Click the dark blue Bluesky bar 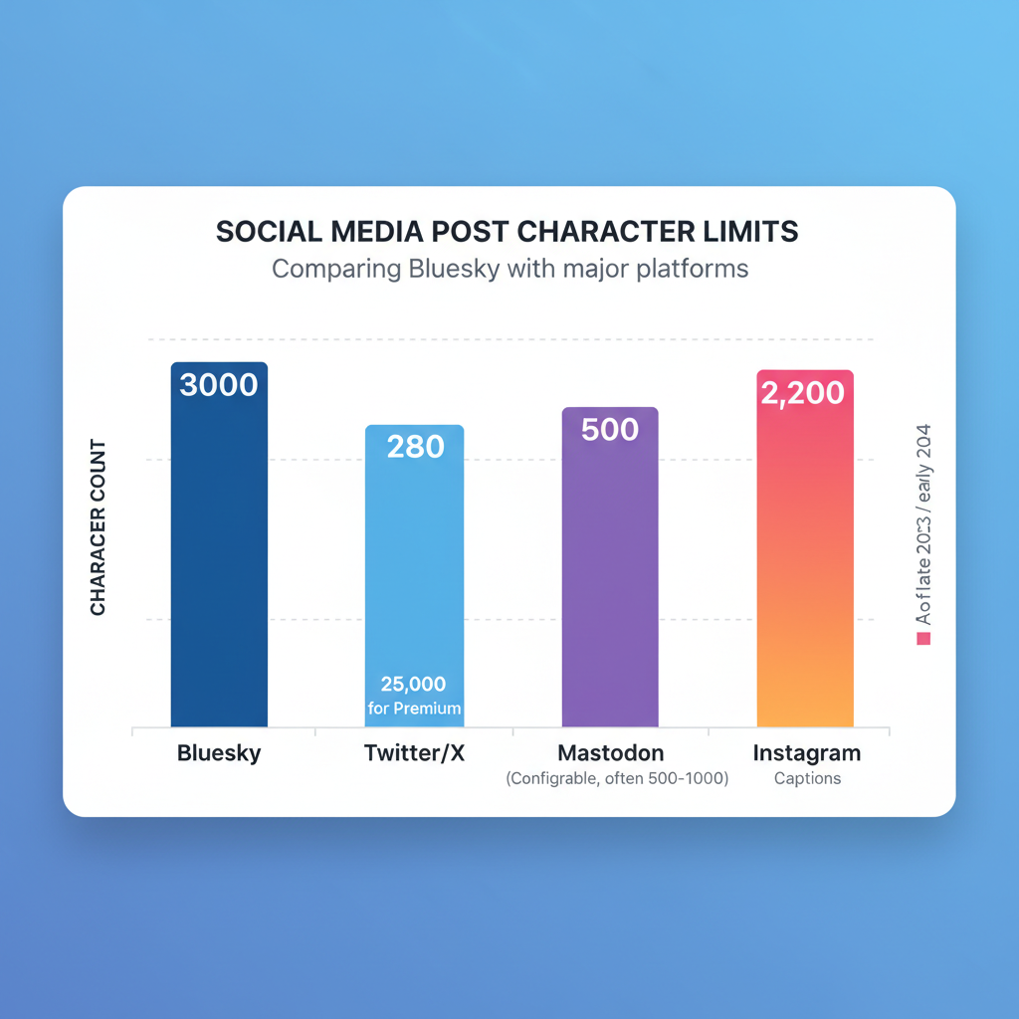click(x=219, y=557)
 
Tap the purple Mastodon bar click(x=610, y=577)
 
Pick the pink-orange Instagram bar click(x=805, y=557)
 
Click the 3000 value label click(x=219, y=385)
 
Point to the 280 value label click(x=415, y=447)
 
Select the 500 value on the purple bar click(x=610, y=430)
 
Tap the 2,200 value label click(x=802, y=393)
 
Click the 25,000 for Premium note click(x=414, y=696)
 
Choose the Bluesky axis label click(x=219, y=753)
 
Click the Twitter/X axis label click(x=414, y=753)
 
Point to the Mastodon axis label click(x=610, y=753)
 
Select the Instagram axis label click(x=807, y=753)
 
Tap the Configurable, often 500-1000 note click(x=617, y=779)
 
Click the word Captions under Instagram click(x=807, y=779)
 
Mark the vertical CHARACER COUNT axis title click(x=99, y=527)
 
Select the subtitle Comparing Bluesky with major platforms click(x=509, y=269)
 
